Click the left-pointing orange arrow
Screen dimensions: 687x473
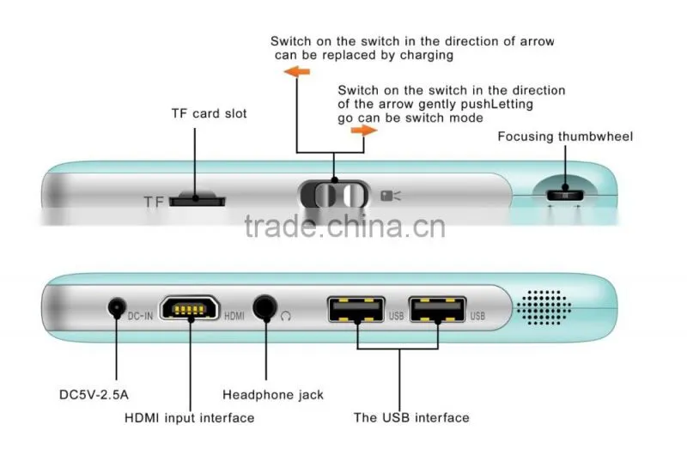(x=297, y=71)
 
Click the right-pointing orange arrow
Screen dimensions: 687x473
(x=363, y=130)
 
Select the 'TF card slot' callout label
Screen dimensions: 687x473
(x=209, y=113)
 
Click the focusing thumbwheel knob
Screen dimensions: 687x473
(x=565, y=195)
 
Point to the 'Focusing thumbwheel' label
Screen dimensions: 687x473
(x=565, y=136)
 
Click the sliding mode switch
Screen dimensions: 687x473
(x=334, y=194)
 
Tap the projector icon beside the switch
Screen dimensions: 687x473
(x=391, y=196)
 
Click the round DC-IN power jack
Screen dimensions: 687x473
(x=117, y=307)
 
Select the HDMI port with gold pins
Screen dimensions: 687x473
(x=189, y=308)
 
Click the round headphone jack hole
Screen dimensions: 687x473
(x=265, y=307)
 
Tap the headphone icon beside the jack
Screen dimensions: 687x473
(x=286, y=316)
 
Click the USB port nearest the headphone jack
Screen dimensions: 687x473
(x=356, y=309)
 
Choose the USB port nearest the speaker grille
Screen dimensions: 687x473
(x=437, y=309)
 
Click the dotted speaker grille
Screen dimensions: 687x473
(x=544, y=307)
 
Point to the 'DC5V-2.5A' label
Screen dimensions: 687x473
(x=94, y=395)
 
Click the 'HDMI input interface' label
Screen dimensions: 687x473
(x=189, y=418)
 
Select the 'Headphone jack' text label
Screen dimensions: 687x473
(x=273, y=395)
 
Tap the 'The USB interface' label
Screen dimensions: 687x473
(x=411, y=418)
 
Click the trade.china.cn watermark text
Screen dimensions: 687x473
(x=345, y=226)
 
